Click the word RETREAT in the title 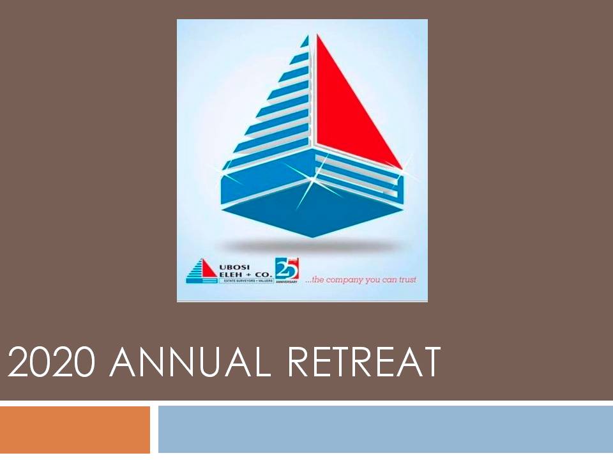click(x=364, y=363)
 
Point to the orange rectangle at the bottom click(x=75, y=429)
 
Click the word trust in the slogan click(x=407, y=280)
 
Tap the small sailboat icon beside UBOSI click(x=201, y=270)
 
